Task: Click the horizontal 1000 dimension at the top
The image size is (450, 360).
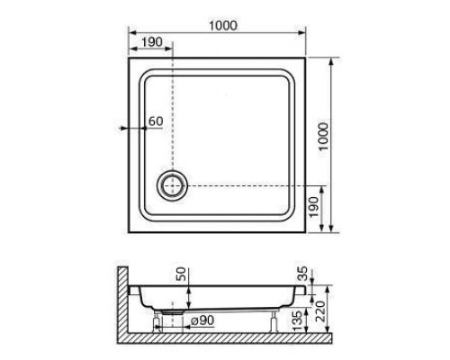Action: (x=223, y=25)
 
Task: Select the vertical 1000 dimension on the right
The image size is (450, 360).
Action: (x=323, y=137)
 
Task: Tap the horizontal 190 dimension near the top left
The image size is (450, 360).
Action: (x=152, y=42)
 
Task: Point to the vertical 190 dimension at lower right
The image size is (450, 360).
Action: (x=314, y=207)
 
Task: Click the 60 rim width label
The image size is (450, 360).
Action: (x=156, y=121)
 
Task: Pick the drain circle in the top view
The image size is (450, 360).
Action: (x=172, y=185)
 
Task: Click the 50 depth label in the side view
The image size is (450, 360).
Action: (x=181, y=274)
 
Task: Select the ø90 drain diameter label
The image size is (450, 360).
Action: (x=202, y=320)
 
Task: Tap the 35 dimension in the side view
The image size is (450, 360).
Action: (x=303, y=274)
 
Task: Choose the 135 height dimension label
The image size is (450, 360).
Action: (x=297, y=321)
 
